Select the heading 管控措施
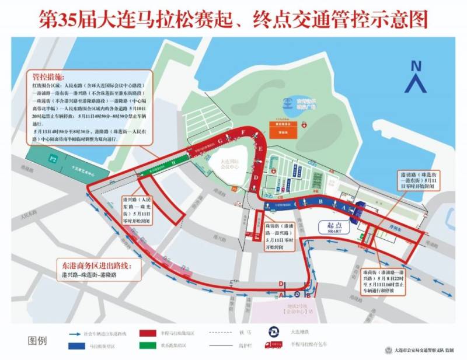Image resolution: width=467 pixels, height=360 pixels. click(x=47, y=75)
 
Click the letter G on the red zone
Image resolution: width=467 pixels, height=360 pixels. click(x=221, y=141)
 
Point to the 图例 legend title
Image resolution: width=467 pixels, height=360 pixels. click(x=37, y=340)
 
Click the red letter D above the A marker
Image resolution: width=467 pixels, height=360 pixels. click(x=282, y=284)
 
